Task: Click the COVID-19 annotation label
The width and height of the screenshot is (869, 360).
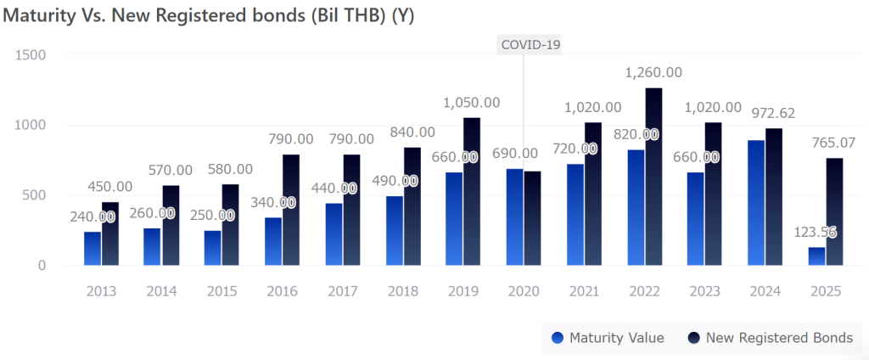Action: pyautogui.click(x=531, y=44)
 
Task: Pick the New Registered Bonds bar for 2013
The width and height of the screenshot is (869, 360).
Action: pyautogui.click(x=110, y=233)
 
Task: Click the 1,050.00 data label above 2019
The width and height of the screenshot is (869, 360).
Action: pyautogui.click(x=472, y=103)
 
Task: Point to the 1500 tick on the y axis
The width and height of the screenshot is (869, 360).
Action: pyautogui.click(x=31, y=54)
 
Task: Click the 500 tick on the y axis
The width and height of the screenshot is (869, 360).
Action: pyautogui.click(x=35, y=195)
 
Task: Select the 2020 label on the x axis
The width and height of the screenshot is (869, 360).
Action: pyautogui.click(x=524, y=290)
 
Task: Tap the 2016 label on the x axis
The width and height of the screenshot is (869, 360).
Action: pyautogui.click(x=282, y=290)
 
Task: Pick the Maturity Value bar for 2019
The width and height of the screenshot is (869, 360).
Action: pyautogui.click(x=454, y=219)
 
